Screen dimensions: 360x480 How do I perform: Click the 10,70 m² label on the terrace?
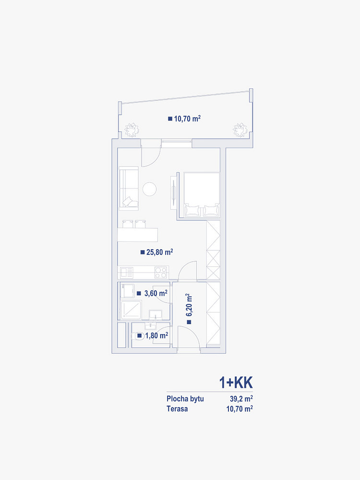point(187,119)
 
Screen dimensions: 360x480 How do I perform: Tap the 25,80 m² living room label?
point(160,252)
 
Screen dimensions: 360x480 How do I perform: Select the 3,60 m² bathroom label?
point(156,293)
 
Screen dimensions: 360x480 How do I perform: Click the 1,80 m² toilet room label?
point(157,336)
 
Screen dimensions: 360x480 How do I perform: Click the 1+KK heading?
point(236,383)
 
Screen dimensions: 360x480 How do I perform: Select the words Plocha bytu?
point(185,399)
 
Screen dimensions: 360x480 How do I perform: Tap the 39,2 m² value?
point(241,399)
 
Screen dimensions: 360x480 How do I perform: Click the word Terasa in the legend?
point(177,408)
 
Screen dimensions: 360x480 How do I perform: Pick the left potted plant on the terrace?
point(132,130)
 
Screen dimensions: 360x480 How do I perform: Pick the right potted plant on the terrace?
point(240,130)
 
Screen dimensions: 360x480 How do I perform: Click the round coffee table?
point(150,189)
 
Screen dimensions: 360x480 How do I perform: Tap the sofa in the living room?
point(129,188)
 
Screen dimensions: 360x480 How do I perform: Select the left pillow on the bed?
point(192,210)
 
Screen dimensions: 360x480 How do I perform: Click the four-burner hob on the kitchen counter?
point(161,273)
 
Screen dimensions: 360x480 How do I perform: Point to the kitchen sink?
point(126,273)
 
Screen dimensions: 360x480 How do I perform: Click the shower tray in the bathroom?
point(131,310)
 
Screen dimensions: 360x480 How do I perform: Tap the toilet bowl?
point(138,336)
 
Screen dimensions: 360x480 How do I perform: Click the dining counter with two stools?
point(138,231)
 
